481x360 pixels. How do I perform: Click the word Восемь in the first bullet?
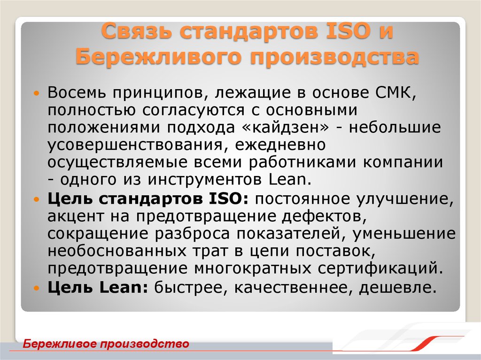(76, 92)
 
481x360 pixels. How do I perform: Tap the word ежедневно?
(278, 145)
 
